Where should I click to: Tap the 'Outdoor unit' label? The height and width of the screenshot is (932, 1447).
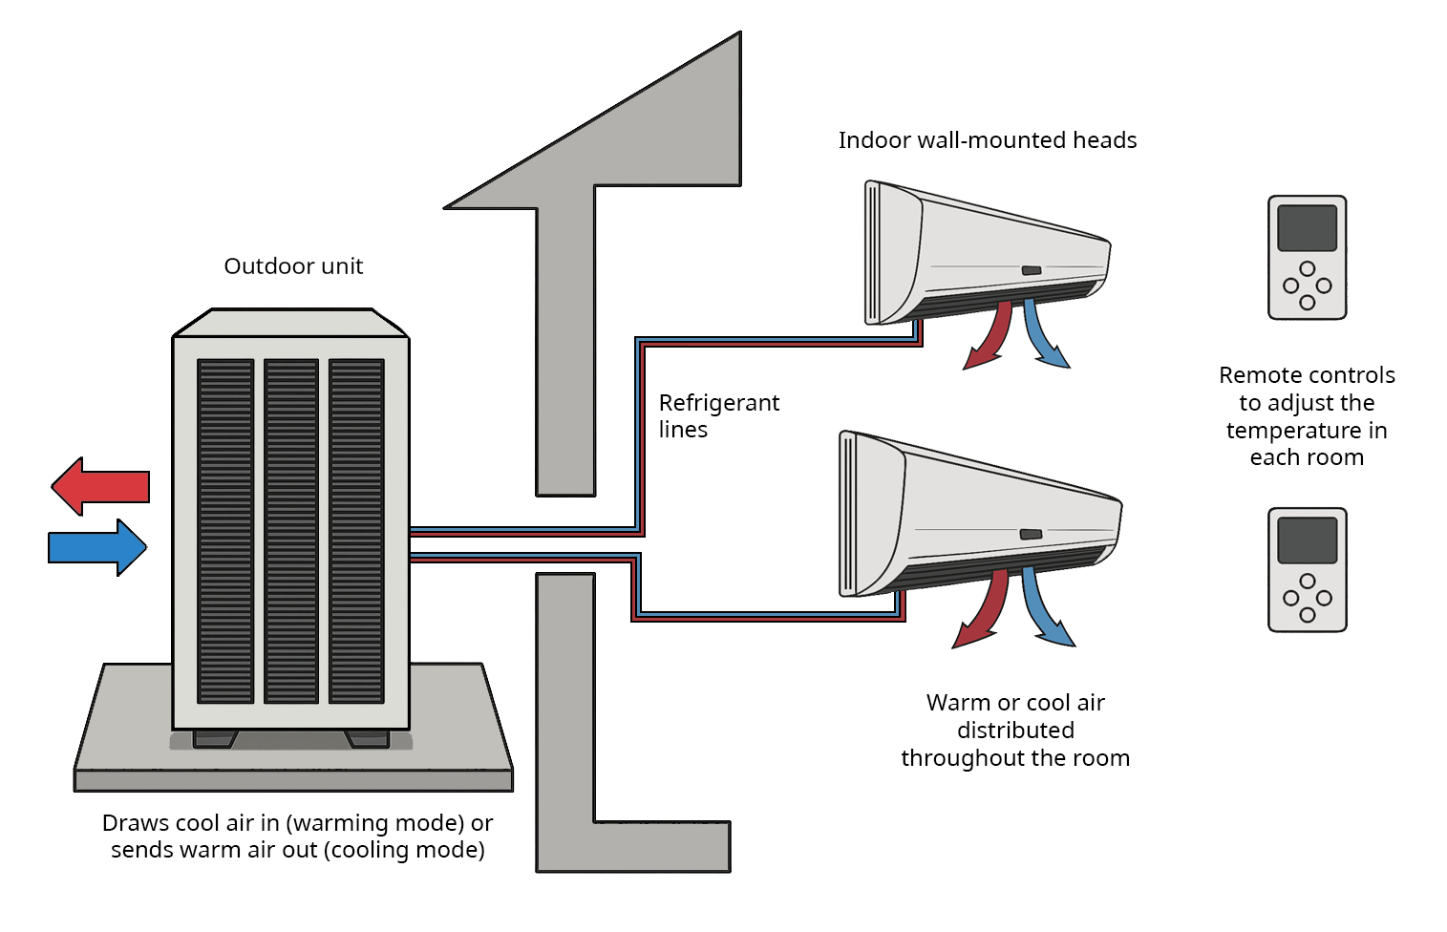point(293,266)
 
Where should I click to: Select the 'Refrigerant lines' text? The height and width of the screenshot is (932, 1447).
point(718,415)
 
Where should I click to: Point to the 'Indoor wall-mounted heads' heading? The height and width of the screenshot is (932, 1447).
point(987,140)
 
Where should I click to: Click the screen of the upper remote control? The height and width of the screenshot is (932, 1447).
point(1307,228)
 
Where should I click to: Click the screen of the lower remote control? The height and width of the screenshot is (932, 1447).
point(1307,540)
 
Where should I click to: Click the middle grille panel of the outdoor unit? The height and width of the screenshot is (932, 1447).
point(291,531)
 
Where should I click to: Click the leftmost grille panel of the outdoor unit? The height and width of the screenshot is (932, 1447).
point(225,531)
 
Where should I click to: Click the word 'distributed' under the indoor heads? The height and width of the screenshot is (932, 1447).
point(1015,731)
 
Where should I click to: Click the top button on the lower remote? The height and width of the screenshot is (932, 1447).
point(1308,581)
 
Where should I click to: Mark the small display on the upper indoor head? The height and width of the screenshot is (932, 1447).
point(1032,270)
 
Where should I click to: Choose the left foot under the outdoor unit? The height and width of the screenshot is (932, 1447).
point(215,738)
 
